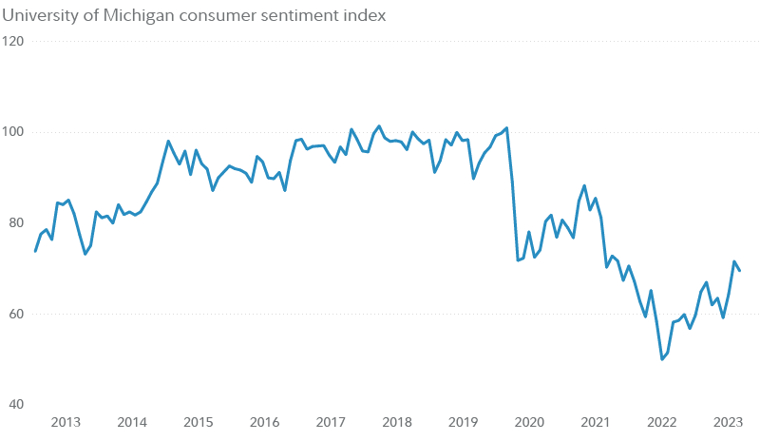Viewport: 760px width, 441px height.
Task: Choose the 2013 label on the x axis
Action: pyautogui.click(x=66, y=422)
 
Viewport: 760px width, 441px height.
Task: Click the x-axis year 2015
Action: pyautogui.click(x=198, y=422)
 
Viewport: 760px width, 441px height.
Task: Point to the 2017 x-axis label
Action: pyautogui.click(x=331, y=422)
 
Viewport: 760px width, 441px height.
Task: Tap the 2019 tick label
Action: pyautogui.click(x=463, y=422)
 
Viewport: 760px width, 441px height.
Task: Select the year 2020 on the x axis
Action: pyautogui.click(x=529, y=422)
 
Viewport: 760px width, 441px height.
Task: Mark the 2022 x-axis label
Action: pyautogui.click(x=661, y=422)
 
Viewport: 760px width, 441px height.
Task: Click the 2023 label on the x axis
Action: pyautogui.click(x=728, y=422)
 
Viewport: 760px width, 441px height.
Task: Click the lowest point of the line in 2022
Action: pyautogui.click(x=662, y=359)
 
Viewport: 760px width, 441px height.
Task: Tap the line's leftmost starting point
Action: pyautogui.click(x=35, y=251)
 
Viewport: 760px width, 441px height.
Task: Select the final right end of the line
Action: pyautogui.click(x=740, y=272)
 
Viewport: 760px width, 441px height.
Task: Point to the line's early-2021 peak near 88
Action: pyautogui.click(x=584, y=185)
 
